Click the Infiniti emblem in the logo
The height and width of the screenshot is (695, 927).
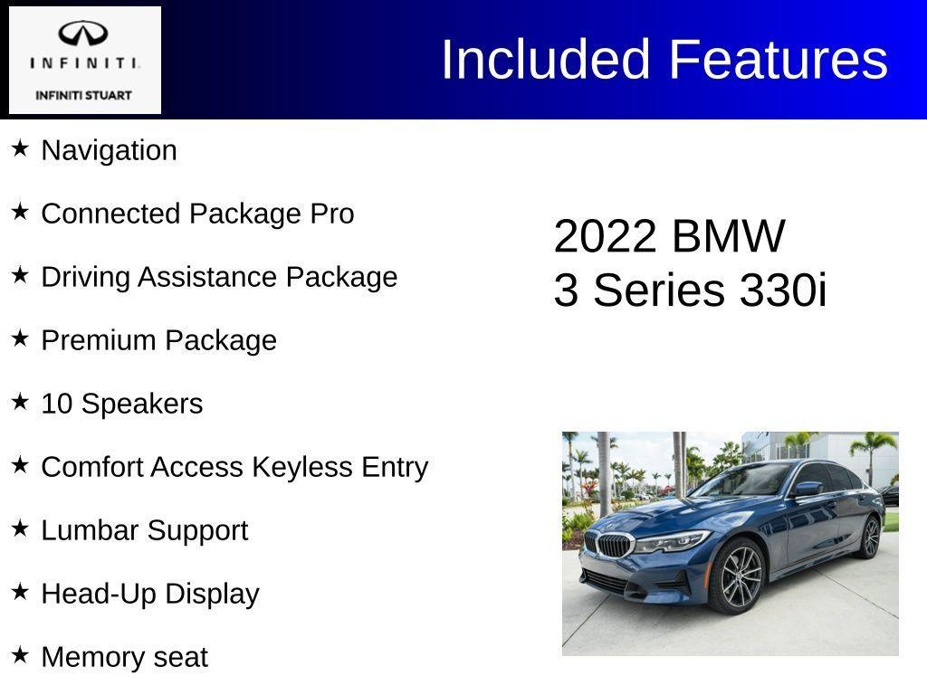83,34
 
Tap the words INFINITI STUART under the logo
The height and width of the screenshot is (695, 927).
83,95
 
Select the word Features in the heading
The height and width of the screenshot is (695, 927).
779,60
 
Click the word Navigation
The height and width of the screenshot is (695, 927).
110,150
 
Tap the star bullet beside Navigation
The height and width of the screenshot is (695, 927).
20,148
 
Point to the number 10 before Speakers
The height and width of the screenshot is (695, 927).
57,404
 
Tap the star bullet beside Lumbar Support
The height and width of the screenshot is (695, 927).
20,528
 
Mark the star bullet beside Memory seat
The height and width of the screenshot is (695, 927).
20,655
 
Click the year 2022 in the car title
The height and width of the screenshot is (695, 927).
604,236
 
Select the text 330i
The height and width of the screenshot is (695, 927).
783,290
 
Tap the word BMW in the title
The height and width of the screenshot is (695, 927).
729,236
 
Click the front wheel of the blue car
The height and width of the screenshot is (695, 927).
741,578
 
